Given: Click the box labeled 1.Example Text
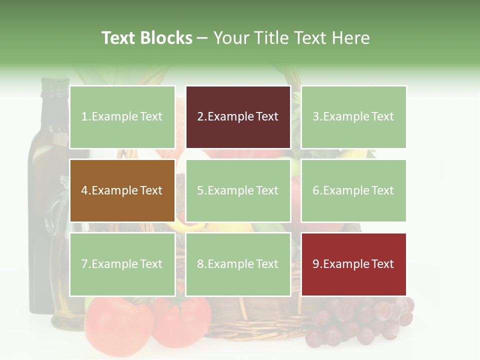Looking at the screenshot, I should pos(122,117).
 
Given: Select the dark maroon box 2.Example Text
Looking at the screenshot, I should pos(237,117).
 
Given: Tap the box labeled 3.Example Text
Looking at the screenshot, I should pos(353,117).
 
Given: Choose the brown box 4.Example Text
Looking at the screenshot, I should pos(122,190).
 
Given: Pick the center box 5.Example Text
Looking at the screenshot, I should pos(237,190).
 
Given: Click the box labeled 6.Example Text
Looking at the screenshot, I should pos(353,190).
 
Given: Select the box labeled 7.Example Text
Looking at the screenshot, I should pos(122,264).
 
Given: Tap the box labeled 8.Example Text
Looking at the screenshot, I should pos(237,264).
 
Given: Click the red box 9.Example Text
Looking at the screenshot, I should pos(353,264).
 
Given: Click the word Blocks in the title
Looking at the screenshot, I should pos(166,38).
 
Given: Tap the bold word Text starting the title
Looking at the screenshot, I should pos(119,38).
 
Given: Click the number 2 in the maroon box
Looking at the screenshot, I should pos(200,117).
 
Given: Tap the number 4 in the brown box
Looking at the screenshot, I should pos(84,190).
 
